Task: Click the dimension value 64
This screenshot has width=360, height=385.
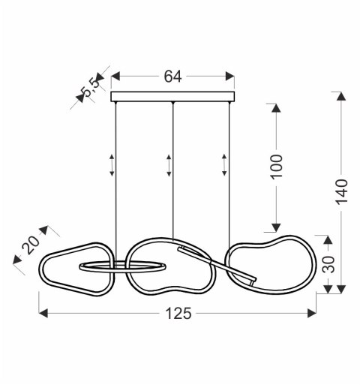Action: point(172,77)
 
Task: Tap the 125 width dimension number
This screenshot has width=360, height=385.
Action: point(178,314)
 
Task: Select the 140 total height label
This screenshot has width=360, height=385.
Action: point(341,192)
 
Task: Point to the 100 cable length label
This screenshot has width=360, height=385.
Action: point(277,167)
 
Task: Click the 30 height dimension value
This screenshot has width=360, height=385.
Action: point(328,264)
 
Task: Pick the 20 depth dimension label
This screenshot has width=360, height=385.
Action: point(31,245)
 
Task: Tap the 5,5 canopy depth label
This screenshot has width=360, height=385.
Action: point(91,87)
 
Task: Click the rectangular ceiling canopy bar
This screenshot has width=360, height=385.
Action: point(172,97)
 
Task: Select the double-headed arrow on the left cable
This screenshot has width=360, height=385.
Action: point(112,165)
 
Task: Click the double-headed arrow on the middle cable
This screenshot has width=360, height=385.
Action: point(169,165)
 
